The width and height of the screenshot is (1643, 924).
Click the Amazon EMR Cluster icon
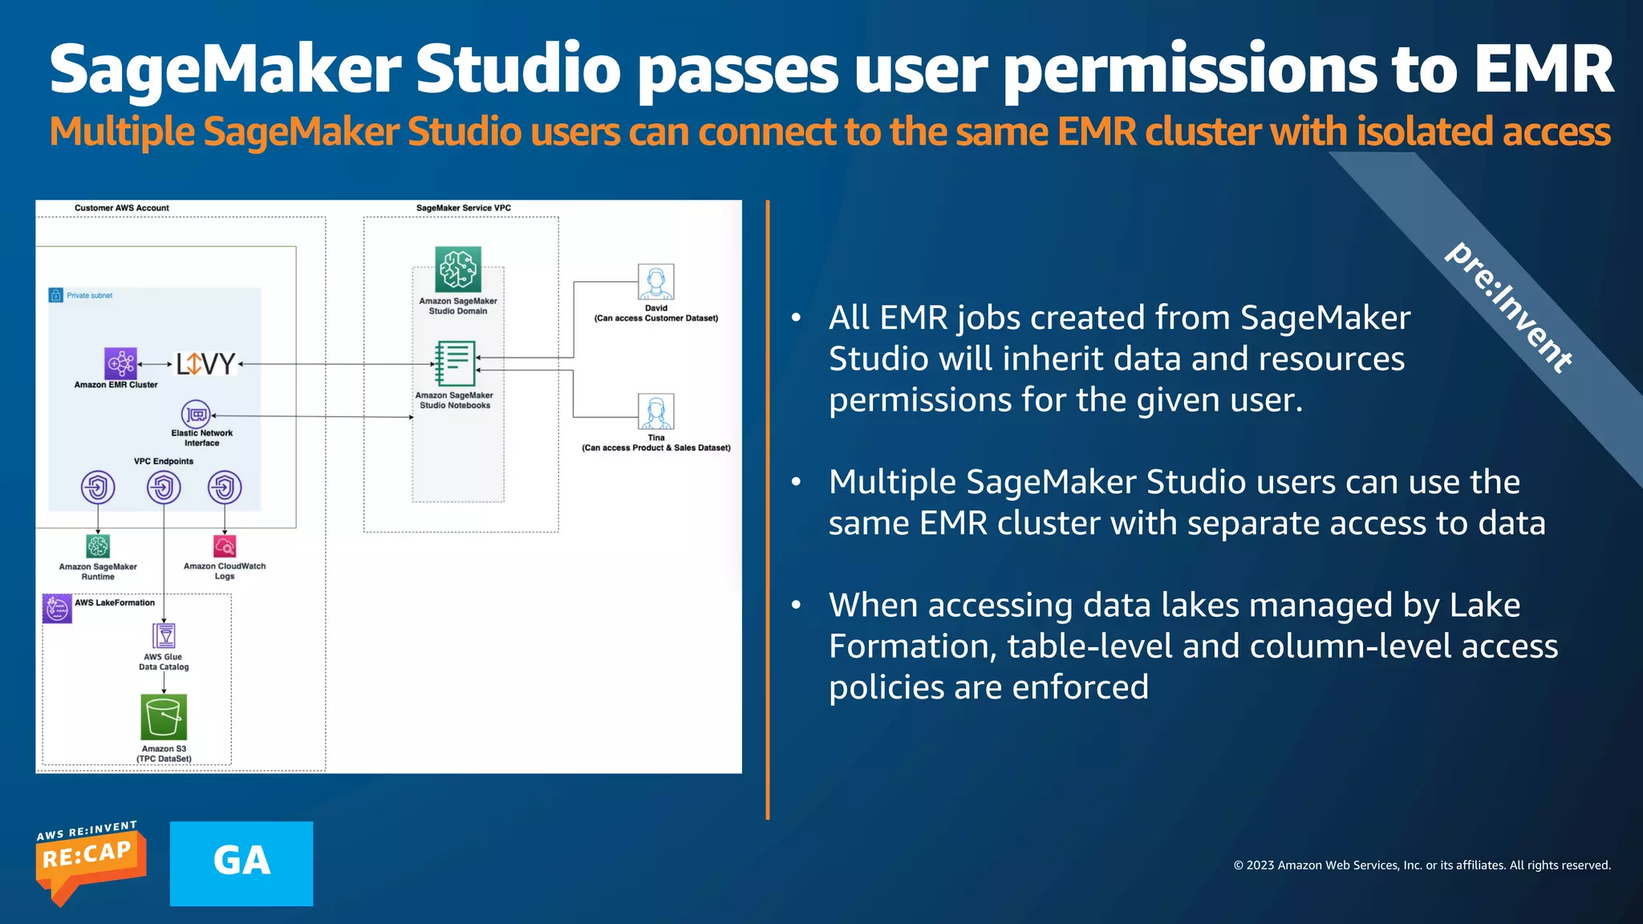pos(120,363)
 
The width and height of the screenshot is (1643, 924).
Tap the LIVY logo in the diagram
pos(205,364)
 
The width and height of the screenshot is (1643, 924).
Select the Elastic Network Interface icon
pos(196,414)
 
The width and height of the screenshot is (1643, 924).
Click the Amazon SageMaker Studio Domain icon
pos(458,269)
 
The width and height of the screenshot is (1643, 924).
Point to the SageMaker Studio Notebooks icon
pos(455,364)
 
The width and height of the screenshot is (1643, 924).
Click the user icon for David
pos(655,282)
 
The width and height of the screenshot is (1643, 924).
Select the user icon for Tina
pos(655,411)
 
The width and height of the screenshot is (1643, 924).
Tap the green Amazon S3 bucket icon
pos(164,716)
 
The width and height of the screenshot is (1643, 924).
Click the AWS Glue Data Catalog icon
pos(164,636)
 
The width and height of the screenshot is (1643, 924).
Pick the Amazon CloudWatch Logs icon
pos(225,546)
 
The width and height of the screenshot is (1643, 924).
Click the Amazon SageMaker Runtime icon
pos(98,546)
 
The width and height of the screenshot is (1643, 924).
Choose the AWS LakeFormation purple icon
pos(57,609)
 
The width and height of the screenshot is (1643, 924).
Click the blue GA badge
pos(241,863)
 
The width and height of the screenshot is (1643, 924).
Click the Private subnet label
pos(89,295)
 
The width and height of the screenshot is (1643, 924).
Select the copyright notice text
pos(1422,865)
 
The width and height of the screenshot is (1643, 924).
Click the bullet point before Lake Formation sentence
pos(796,605)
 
